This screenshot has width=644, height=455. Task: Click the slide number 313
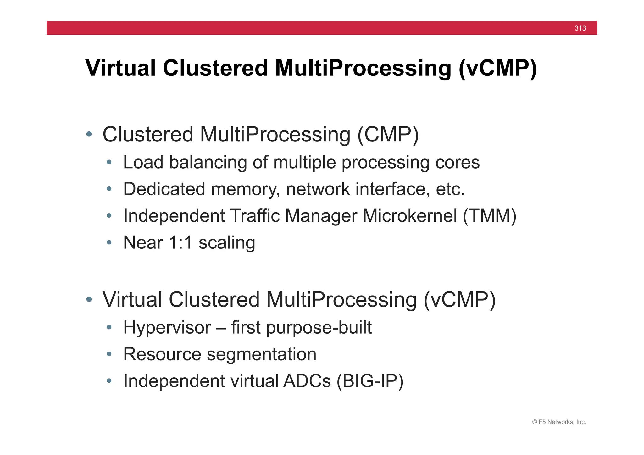[580, 28]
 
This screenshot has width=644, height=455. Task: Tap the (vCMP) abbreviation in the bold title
[497, 68]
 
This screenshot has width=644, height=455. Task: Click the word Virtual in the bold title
[120, 68]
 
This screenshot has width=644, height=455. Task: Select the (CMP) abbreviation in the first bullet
[388, 135]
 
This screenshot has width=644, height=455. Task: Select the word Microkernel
[410, 216]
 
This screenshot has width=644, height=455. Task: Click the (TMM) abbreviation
[490, 216]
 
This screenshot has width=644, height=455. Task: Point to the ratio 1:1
[180, 242]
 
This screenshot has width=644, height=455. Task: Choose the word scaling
[227, 242]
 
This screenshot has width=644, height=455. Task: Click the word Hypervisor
[167, 328]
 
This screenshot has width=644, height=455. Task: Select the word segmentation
[261, 354]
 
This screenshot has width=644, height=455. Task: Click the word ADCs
[307, 381]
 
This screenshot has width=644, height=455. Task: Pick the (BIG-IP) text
[370, 381]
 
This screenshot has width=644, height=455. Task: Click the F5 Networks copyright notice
[559, 422]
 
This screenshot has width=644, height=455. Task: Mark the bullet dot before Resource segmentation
[109, 354]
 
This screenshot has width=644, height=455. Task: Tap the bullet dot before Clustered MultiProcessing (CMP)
[89, 135]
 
